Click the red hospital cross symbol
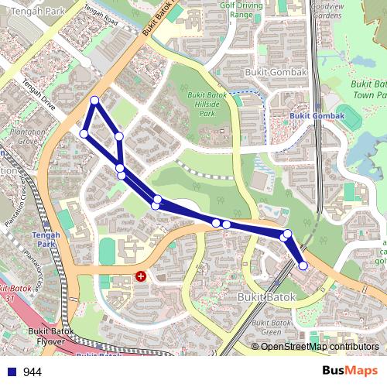pos(141,275)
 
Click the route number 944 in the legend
pos(32,372)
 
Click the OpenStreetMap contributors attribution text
pos(320,347)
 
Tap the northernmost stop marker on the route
pos(94,100)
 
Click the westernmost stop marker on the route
pos(84,134)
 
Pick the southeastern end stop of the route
pos(303,265)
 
